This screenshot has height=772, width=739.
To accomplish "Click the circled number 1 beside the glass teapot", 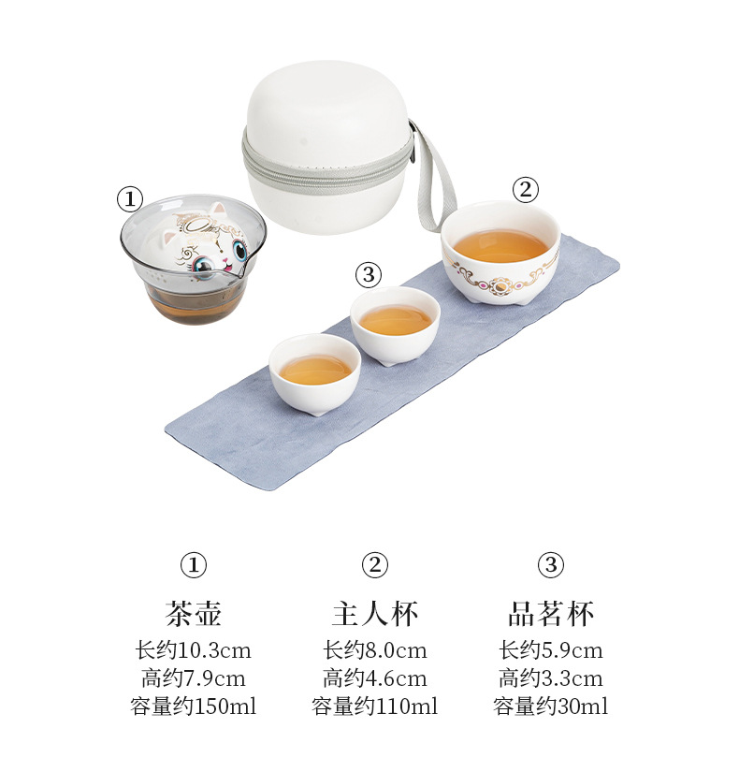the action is pos(129,199).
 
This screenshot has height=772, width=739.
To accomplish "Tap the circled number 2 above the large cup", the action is pos(526,189).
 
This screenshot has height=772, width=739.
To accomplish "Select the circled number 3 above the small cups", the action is pos(369,274).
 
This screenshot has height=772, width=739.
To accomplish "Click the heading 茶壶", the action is pos(193,614).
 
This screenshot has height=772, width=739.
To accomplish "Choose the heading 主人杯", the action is pos(375,614).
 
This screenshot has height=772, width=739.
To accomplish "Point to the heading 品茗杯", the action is pos(551,614).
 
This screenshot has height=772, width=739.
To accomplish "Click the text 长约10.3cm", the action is pos(193,650).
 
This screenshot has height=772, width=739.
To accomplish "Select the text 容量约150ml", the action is pos(193,706).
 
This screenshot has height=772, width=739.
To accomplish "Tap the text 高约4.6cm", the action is pos(375,678).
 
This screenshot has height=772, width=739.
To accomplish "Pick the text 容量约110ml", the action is pos(375,706).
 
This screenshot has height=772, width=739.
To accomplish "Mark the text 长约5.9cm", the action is pos(551,650).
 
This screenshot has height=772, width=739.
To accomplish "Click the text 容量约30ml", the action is pos(551,706).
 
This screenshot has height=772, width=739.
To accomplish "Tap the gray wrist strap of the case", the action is pos(436,182).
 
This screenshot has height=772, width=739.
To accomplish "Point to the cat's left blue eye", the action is pos(204,266).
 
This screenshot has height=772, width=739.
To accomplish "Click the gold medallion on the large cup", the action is pos(500,285).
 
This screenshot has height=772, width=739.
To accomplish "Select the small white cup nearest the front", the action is pos(315,373).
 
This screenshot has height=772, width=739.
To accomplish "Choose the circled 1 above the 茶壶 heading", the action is pos(193,564).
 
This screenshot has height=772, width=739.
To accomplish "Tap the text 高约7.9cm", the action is pos(193,678).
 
